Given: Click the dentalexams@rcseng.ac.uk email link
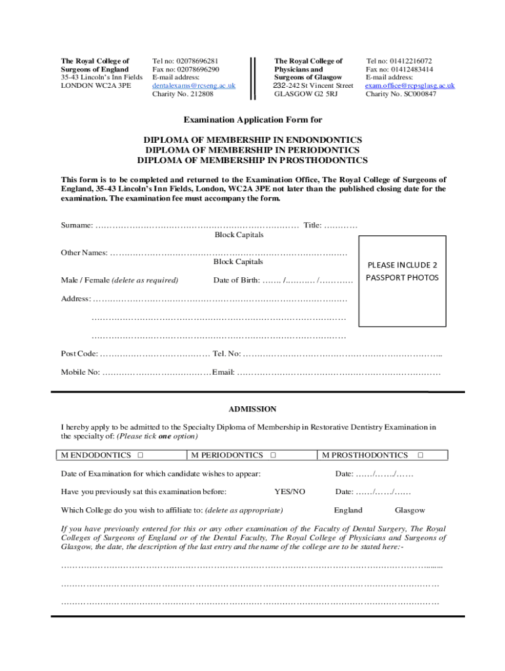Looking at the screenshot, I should point(193,86).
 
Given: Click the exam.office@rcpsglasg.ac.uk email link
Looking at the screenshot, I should point(410,86).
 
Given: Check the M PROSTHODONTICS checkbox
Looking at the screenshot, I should point(420,455).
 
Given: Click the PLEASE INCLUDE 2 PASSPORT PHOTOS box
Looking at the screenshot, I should point(402,271).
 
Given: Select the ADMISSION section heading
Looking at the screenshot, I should point(252,409).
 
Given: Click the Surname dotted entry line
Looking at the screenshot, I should point(197,225).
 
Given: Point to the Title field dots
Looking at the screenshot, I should point(340,225).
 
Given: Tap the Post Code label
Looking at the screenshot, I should point(79,354).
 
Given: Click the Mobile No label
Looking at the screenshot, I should point(81,372).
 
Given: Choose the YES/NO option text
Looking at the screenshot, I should point(289,491).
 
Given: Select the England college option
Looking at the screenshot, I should point(348,510).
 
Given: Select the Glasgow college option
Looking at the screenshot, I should point(409,510).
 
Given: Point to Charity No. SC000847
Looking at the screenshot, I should point(400,94).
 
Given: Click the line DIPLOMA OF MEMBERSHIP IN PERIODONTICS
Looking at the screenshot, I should point(253,150).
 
